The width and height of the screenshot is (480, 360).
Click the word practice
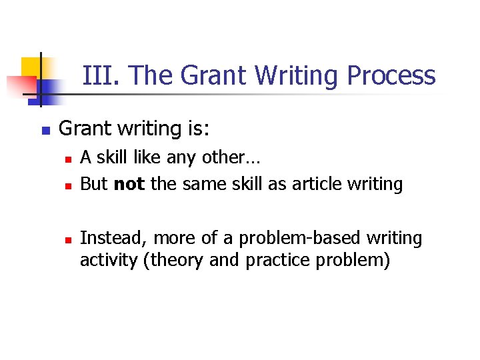[x=277, y=261]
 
